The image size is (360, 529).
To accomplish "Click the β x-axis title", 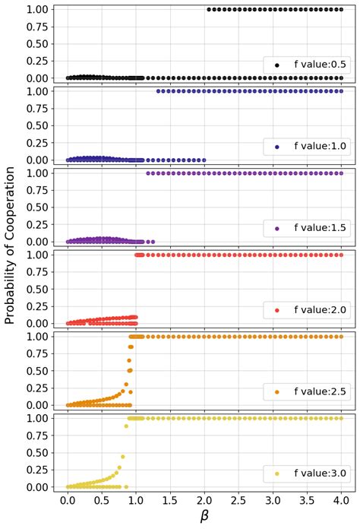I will pos(204,518).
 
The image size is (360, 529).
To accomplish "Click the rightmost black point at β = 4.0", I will pos(342,9).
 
